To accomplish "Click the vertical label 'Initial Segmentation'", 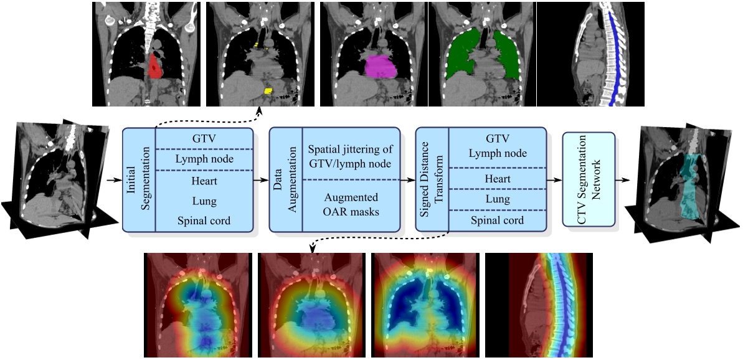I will pos(138,180).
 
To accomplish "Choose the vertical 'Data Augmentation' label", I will pos(285,180).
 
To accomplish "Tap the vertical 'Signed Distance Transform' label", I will pos(432,180).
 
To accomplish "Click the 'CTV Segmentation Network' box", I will pos(588,179).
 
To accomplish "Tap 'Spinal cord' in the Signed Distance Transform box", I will pos(498,220).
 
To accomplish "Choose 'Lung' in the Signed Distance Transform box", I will pos(498,199).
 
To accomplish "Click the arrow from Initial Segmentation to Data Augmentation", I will pos(260,180).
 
